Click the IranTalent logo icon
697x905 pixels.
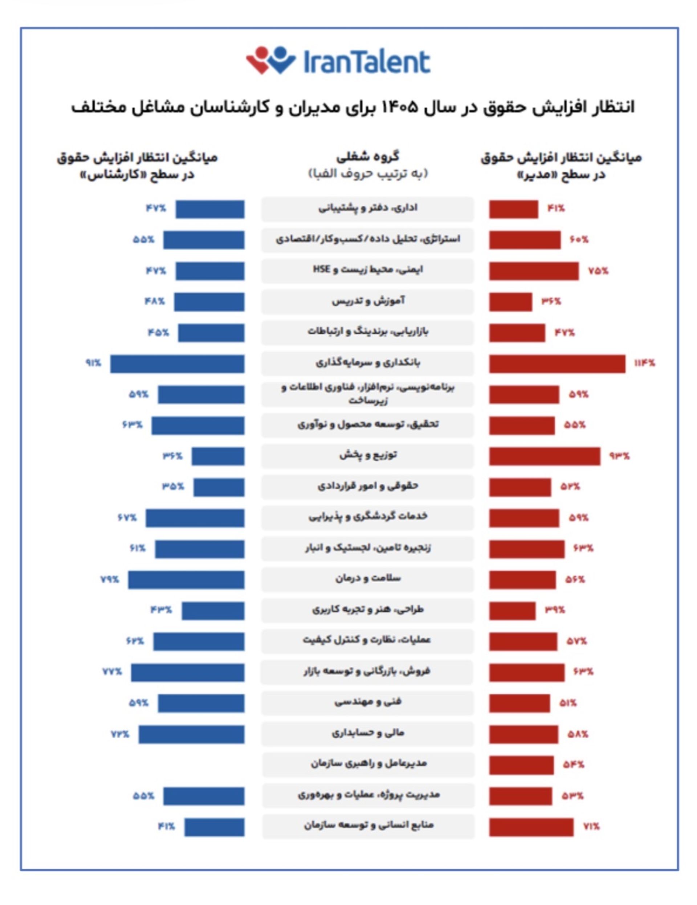270,61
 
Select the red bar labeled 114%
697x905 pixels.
557,363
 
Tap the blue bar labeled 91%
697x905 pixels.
177,363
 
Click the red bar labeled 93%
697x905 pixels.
544,456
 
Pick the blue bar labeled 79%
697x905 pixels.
186,580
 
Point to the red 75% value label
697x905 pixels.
598,271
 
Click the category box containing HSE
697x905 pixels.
367,271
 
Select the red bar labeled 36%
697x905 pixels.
510,302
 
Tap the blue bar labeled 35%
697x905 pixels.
219,487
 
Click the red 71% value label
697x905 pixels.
591,826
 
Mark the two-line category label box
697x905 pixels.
367,394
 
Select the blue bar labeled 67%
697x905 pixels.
195,518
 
